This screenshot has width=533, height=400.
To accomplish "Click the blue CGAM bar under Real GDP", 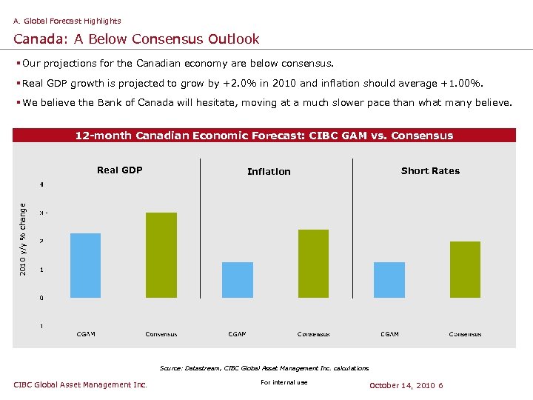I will (x=85, y=265).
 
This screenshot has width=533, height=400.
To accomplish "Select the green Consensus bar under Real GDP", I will (x=161, y=255).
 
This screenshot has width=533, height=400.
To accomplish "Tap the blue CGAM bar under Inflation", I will (x=238, y=279).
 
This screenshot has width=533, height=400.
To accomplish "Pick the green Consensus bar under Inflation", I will (x=313, y=263).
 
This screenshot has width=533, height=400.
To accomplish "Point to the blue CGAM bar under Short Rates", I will (x=389, y=279).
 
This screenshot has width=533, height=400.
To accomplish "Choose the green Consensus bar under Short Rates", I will (x=465, y=269).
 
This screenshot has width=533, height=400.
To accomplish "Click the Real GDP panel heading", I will (x=119, y=170).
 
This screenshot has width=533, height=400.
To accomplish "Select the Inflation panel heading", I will (x=269, y=171).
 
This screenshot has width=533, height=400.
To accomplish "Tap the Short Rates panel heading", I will (x=430, y=170).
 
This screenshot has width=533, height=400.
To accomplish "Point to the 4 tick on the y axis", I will (x=41, y=184).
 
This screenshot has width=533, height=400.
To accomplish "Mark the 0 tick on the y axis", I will (x=41, y=298).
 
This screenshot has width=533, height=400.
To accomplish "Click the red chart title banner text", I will (x=264, y=136).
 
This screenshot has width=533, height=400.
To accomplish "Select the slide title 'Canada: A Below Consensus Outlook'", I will (x=136, y=39).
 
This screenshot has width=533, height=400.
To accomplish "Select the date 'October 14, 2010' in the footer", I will (x=402, y=385).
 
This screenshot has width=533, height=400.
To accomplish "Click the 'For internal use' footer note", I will (x=284, y=382).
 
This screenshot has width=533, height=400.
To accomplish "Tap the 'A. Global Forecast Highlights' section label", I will (x=67, y=21).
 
